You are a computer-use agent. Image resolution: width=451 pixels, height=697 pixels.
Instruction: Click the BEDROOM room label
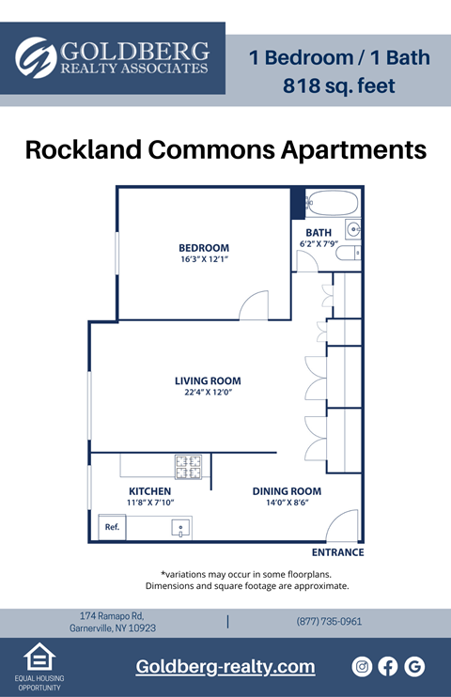(x=204, y=248)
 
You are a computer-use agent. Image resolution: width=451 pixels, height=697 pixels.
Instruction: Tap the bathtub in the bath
(x=333, y=203)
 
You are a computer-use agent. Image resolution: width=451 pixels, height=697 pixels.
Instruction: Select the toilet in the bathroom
(x=347, y=253)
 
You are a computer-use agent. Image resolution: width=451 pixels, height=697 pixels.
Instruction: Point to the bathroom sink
(x=353, y=228)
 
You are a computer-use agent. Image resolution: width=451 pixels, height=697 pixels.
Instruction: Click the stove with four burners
(x=188, y=464)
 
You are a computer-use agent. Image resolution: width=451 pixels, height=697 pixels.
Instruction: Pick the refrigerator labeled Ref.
(x=112, y=527)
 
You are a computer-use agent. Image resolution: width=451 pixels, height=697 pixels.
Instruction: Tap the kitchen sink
(x=181, y=528)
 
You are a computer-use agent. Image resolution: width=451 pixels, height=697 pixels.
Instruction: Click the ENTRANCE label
(x=337, y=553)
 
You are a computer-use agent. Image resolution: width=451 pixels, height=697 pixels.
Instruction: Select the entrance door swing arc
(x=345, y=524)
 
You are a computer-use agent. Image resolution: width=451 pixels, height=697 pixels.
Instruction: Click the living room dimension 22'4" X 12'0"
(x=208, y=393)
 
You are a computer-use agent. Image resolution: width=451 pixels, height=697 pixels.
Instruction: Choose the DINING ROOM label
(x=287, y=491)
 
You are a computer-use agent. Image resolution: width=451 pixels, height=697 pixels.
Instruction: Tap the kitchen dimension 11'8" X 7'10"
(x=150, y=503)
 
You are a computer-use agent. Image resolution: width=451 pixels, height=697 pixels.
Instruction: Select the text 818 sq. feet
(x=339, y=86)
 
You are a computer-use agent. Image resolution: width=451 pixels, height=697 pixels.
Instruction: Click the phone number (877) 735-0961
(x=329, y=622)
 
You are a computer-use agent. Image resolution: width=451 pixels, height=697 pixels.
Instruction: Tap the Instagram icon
(x=362, y=666)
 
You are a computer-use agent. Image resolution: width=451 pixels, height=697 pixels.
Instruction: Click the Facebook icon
(x=388, y=666)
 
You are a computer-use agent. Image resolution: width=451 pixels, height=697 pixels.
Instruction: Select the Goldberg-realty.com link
(x=225, y=667)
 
